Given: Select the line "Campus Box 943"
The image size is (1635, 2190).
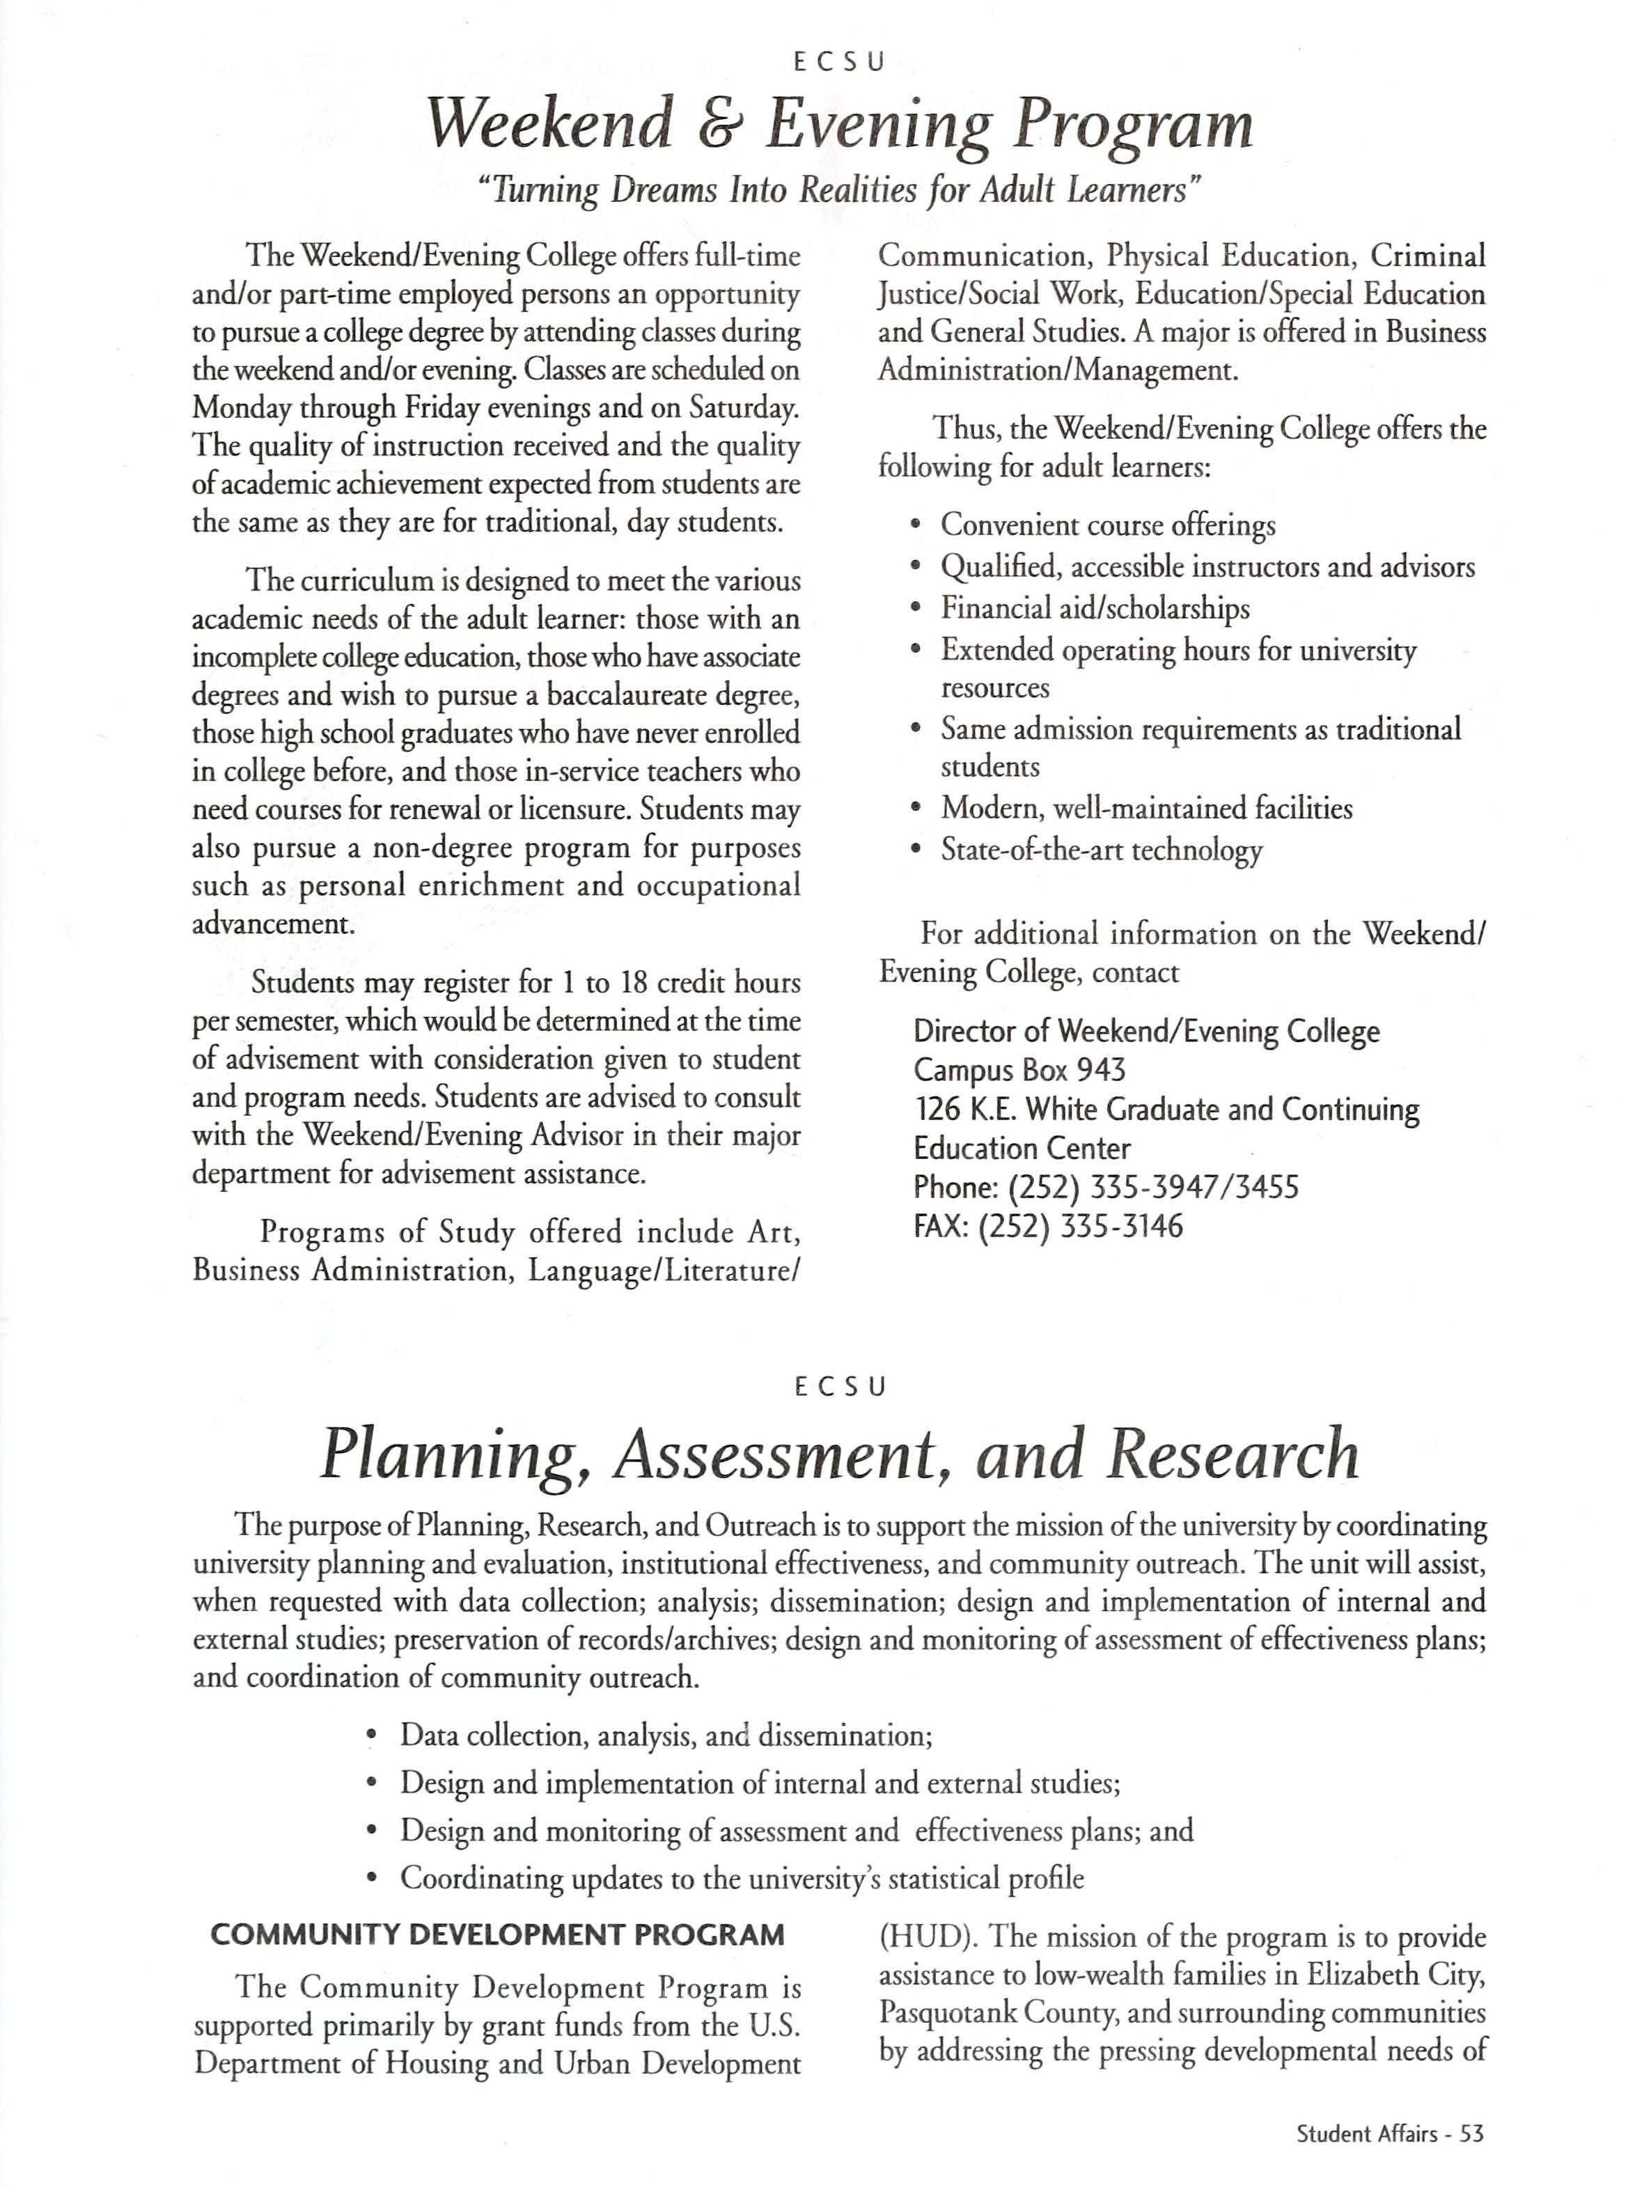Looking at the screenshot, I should pyautogui.click(x=1019, y=1070).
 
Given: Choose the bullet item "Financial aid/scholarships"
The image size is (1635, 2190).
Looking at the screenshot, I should pyautogui.click(x=1095, y=608).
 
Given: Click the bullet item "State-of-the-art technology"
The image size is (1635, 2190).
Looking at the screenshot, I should pyautogui.click(x=1100, y=851).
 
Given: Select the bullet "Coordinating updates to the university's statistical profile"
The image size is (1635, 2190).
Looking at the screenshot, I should pyautogui.click(x=742, y=1878).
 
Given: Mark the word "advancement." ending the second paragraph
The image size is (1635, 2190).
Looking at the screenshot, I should pyautogui.click(x=272, y=925).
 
